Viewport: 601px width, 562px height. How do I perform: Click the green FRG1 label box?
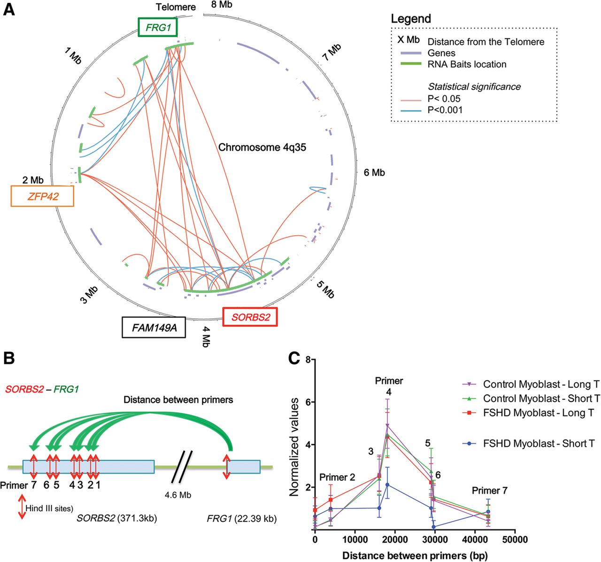coord(158,28)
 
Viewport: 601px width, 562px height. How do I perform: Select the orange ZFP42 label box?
coord(42,196)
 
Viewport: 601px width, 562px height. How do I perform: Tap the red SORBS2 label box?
coord(250,317)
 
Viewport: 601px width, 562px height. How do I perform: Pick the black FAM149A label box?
coord(154,327)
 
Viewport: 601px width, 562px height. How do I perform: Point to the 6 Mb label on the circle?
coord(374,173)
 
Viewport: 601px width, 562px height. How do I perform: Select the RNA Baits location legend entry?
coord(467,64)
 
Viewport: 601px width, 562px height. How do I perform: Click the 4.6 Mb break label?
coord(178,495)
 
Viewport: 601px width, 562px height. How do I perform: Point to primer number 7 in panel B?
coord(34,485)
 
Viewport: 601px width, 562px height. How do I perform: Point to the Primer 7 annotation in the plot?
coord(490,491)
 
